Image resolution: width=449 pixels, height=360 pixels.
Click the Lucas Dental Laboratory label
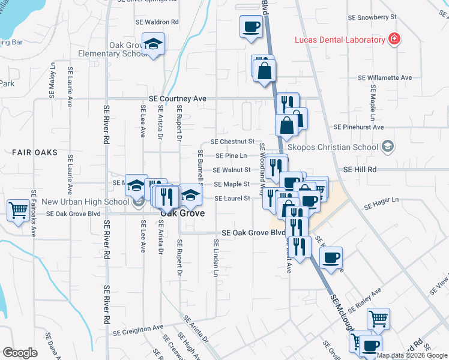339,40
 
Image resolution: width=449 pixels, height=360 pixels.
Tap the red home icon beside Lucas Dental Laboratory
394,40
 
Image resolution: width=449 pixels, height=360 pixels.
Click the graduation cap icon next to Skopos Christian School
388,146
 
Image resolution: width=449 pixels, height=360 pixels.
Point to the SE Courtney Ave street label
178,98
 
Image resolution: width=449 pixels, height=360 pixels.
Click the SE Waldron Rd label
158,22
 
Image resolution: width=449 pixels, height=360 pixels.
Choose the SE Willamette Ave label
385,77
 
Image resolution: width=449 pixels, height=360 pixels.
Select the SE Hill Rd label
360,170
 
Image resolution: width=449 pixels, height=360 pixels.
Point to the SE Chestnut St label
233,142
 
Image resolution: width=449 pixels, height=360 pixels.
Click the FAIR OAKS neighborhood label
34,152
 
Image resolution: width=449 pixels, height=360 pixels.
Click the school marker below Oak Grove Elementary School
154,45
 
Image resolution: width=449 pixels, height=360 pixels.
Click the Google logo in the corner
20,353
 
